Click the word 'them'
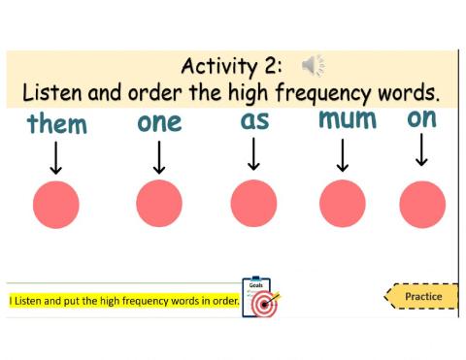tap(57, 125)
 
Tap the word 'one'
tap(160, 123)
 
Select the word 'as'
tap(254, 122)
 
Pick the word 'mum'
tap(348, 121)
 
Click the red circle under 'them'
tap(56, 205)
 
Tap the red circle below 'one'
tap(159, 205)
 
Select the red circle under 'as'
tap(253, 205)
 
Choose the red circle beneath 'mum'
tap(343, 205)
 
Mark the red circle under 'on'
tap(422, 205)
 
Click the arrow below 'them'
tap(56, 158)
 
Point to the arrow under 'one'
tap(159, 158)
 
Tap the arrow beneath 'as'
tap(254, 154)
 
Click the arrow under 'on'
tap(421, 150)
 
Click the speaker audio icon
tap(313, 66)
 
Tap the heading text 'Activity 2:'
tap(231, 67)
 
